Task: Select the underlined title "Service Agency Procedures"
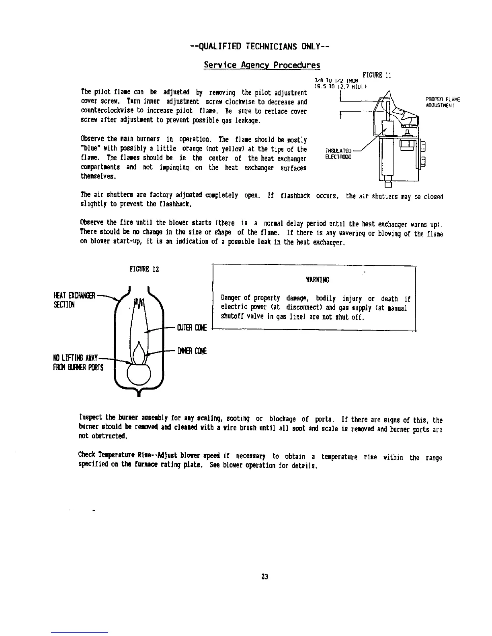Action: click(x=262, y=65)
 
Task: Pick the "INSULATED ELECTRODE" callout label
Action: click(x=340, y=154)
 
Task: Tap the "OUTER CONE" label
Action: click(x=191, y=328)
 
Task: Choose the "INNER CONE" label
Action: click(x=192, y=352)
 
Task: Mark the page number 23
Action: click(x=264, y=577)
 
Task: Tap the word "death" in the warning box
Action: click(x=389, y=299)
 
